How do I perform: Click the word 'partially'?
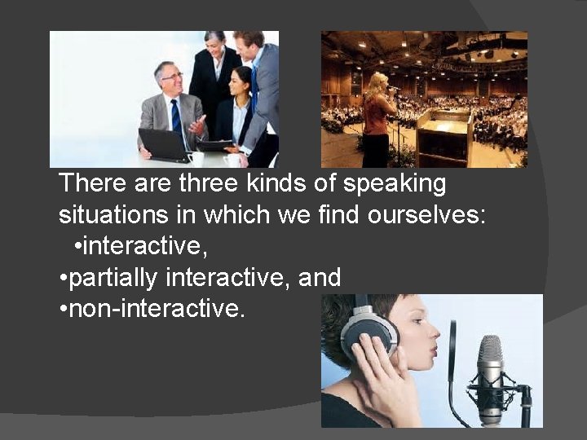point(114,279)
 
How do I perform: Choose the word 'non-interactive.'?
point(157,310)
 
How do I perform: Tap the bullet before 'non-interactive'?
point(63,310)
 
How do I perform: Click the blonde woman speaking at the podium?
point(379,118)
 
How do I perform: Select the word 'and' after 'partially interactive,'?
point(320,279)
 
